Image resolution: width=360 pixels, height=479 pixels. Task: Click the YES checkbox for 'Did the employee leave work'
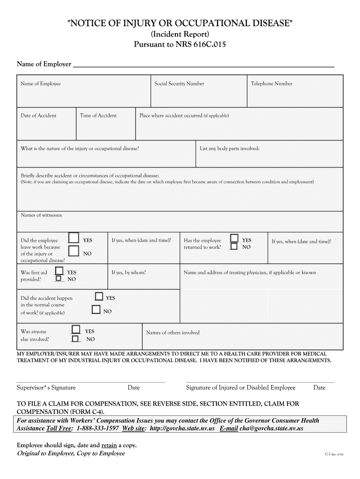click(x=73, y=239)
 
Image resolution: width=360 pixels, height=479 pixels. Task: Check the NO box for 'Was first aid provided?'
click(x=59, y=279)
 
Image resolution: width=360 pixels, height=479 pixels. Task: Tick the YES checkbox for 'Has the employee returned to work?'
click(x=234, y=239)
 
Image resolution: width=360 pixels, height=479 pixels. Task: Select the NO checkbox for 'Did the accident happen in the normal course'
click(x=96, y=309)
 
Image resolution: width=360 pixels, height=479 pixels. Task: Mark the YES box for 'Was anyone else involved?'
click(x=76, y=330)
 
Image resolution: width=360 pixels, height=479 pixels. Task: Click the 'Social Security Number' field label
click(x=179, y=84)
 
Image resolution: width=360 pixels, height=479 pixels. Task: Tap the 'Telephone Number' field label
click(x=272, y=84)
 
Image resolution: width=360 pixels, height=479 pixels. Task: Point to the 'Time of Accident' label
click(x=98, y=116)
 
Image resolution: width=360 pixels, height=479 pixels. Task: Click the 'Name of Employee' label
click(x=41, y=84)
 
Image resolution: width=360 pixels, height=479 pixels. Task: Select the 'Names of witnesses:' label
click(x=42, y=215)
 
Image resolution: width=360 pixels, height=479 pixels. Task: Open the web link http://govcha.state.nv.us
click(x=181, y=428)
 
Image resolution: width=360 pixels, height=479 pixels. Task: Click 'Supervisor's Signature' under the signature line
click(x=46, y=388)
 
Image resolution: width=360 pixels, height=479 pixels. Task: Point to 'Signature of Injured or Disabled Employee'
click(x=241, y=388)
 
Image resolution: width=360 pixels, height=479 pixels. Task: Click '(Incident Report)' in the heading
click(x=180, y=35)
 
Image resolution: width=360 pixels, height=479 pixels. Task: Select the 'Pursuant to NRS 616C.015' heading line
click(x=180, y=45)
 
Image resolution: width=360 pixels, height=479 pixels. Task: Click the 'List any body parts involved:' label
click(x=230, y=149)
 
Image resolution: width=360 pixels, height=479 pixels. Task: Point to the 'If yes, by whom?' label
click(x=129, y=272)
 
